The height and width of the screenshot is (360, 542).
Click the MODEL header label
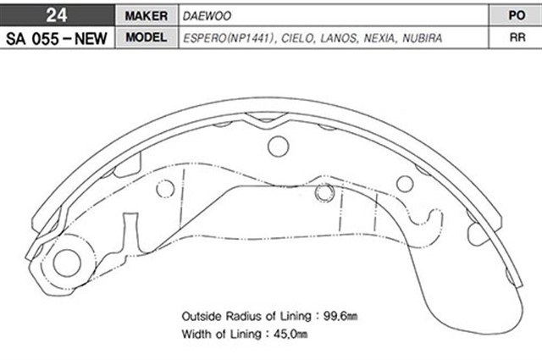[144, 39]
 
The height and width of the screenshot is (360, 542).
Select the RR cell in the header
[514, 39]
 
